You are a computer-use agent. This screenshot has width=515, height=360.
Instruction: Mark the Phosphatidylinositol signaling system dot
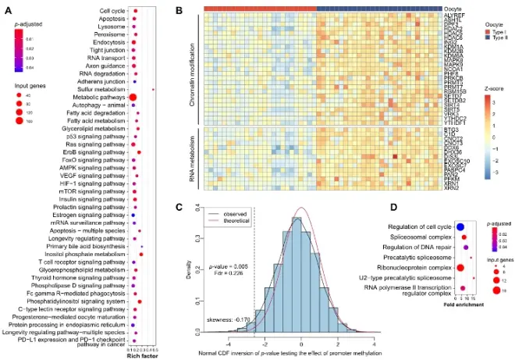(139, 301)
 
